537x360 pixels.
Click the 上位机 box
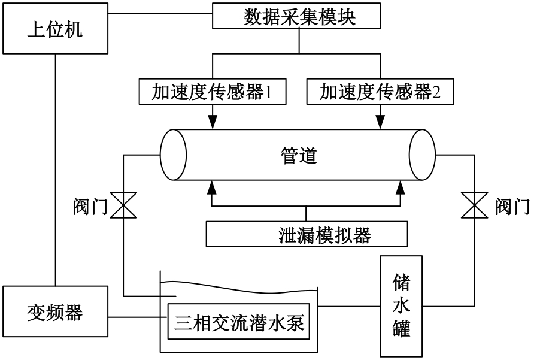[55, 29]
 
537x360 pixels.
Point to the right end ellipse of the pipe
[422, 155]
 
